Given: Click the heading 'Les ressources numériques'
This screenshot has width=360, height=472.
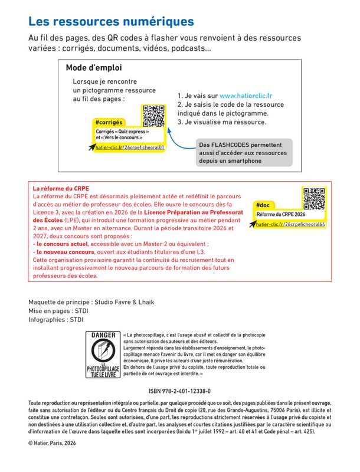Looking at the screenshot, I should (x=111, y=21).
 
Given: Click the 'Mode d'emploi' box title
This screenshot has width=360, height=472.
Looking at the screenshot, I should (x=94, y=67).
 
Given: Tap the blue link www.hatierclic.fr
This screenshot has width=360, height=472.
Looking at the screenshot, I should (x=246, y=95).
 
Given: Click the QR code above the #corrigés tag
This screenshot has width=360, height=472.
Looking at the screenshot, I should (x=153, y=115).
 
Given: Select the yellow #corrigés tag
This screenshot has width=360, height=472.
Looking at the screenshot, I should (x=109, y=122).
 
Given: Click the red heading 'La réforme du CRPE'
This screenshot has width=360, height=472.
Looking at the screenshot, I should (x=61, y=188).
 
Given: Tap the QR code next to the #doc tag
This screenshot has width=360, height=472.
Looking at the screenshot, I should (x=314, y=198).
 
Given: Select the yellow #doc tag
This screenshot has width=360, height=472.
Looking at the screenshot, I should (x=264, y=205).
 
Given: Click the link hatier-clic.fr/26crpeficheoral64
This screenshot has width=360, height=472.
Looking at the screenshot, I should (x=290, y=225).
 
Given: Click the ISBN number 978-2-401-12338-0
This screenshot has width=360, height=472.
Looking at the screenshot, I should (x=180, y=391).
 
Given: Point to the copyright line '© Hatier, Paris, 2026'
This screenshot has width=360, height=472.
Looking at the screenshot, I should (x=53, y=442).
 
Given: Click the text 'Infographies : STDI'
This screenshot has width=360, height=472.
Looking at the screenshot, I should (x=56, y=320).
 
